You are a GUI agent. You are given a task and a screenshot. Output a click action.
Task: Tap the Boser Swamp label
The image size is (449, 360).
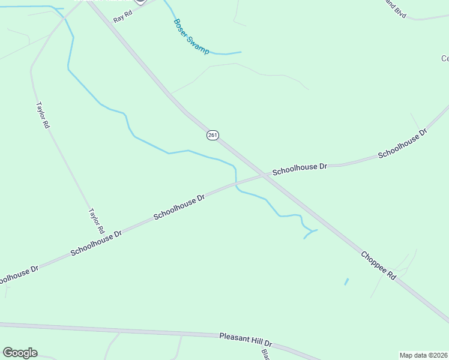[x=191, y=37]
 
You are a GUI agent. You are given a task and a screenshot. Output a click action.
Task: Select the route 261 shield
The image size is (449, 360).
[x=212, y=135]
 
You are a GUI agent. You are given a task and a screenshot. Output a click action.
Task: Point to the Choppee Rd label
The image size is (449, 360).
[x=379, y=265]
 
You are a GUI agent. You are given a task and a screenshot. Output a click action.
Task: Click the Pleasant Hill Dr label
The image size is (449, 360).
[x=246, y=340]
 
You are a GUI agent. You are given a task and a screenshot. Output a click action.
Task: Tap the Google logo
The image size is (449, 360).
[x=20, y=353]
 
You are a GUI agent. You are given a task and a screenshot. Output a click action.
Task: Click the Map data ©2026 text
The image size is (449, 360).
[x=423, y=355]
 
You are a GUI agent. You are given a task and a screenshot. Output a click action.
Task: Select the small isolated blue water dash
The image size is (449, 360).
[x=346, y=281]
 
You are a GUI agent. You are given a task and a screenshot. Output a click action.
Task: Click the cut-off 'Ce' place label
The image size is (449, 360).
[x=445, y=58]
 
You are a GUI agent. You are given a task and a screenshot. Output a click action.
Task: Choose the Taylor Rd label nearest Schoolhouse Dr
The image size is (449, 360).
[x=97, y=221]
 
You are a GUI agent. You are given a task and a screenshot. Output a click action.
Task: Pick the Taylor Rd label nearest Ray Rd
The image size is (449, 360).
[x=42, y=115]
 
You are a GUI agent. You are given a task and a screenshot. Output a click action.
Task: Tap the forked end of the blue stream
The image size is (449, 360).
[x=310, y=231]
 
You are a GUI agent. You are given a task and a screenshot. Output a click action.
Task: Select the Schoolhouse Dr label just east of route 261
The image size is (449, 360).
[x=300, y=168]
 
